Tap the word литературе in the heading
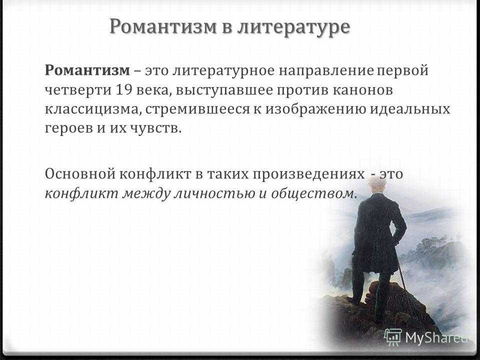pyautogui.click(x=293, y=27)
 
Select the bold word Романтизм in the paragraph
pyautogui.click(x=87, y=70)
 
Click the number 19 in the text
pyautogui.click(x=124, y=90)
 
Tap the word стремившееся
pyautogui.click(x=197, y=110)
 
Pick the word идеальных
pyautogui.click(x=410, y=109)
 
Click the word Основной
pyautogui.click(x=80, y=174)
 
